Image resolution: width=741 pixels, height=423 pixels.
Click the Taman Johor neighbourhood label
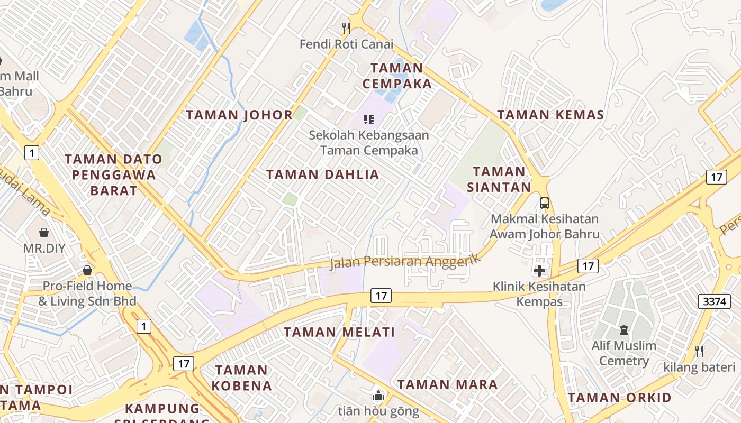[239, 115]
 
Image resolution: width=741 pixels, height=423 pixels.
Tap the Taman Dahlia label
[322, 174]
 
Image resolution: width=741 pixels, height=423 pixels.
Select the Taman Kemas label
[550, 115]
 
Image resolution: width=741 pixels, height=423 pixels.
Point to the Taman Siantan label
[499, 179]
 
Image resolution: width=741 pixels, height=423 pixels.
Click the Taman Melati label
[339, 332]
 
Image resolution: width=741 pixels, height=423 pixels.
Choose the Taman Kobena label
[241, 378]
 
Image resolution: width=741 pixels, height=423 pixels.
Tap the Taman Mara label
[447, 384]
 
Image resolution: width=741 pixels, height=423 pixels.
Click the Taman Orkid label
[620, 398]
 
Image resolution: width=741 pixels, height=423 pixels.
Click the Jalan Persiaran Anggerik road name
[405, 261]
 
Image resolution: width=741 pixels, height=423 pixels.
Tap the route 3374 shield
[714, 301]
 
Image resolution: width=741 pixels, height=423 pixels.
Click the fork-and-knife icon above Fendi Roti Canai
[346, 27]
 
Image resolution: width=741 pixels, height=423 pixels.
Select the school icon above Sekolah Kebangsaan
[369, 119]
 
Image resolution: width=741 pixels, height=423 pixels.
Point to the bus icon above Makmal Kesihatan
[544, 203]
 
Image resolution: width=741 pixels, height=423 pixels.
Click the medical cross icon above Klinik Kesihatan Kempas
[539, 271]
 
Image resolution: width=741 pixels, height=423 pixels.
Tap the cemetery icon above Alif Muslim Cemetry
[623, 330]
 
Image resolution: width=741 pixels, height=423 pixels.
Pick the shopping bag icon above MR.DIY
[44, 232]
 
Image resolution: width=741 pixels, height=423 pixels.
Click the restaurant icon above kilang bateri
[699, 351]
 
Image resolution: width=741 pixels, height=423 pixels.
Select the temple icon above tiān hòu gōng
[378, 395]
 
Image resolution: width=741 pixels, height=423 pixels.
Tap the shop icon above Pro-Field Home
[87, 270]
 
